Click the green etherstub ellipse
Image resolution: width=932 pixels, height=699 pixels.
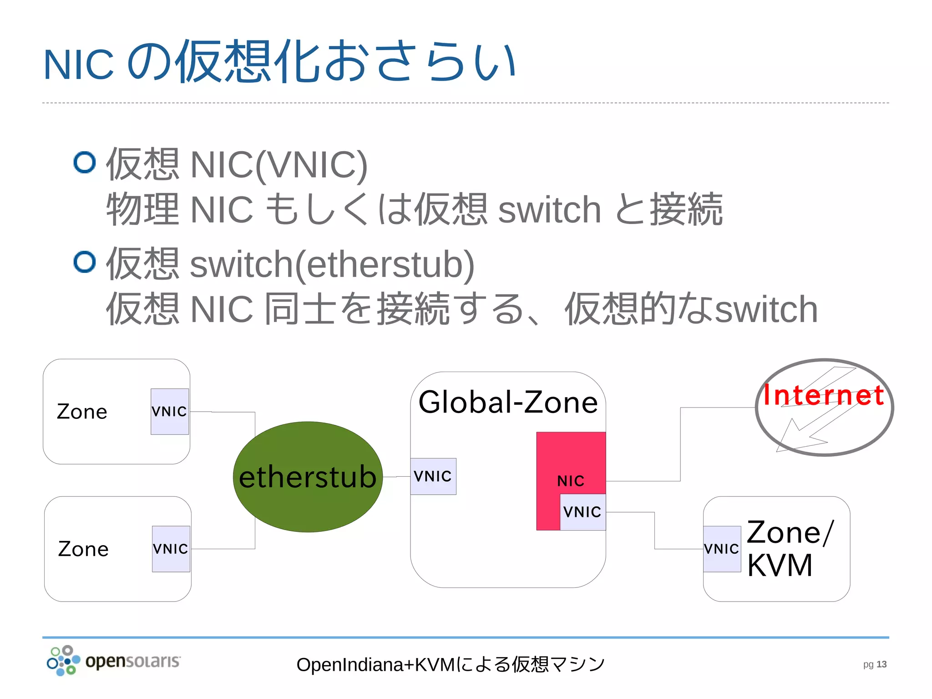coord(308,476)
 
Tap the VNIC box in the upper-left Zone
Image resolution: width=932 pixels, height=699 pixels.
coord(169,411)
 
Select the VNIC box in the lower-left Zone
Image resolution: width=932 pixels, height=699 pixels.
coord(171,549)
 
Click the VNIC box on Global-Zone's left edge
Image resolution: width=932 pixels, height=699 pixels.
coord(433,476)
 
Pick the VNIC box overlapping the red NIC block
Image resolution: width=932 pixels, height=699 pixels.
coord(582,512)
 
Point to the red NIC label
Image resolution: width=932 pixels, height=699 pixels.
coord(571,481)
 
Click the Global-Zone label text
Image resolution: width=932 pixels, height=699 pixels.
coord(508,403)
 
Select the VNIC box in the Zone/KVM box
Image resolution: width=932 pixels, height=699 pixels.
coord(722,549)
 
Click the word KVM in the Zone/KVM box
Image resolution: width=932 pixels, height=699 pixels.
coord(780,566)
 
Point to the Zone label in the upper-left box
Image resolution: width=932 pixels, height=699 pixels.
coord(82,412)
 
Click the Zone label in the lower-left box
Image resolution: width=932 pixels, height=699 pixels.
coord(83,549)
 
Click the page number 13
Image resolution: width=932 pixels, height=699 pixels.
coord(881,664)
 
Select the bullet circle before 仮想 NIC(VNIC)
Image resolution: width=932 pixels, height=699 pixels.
coord(85,163)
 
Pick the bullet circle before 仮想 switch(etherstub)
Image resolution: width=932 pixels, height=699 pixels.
coord(85,262)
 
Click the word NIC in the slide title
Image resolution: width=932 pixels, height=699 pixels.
coord(78,65)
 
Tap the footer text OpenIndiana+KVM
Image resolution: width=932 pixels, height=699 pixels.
coord(375,665)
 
